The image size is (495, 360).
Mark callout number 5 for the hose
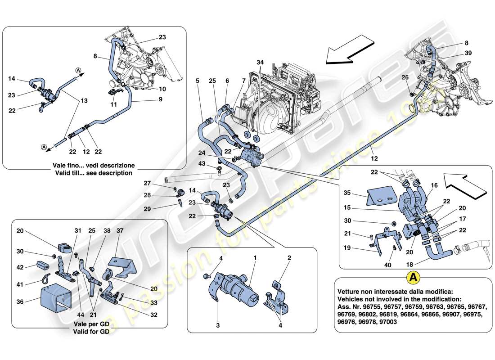(197, 81)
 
